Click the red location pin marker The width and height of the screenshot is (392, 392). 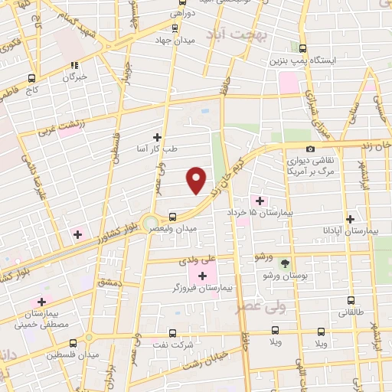197,179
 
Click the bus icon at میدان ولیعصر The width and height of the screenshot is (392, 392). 172,217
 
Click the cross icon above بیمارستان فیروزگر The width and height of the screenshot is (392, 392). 202,276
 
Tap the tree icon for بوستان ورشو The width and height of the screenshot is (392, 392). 285,263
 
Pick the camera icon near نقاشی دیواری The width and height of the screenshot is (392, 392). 310,149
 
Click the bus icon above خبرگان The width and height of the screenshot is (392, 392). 74,65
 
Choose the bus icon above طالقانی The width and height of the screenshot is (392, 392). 351,301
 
